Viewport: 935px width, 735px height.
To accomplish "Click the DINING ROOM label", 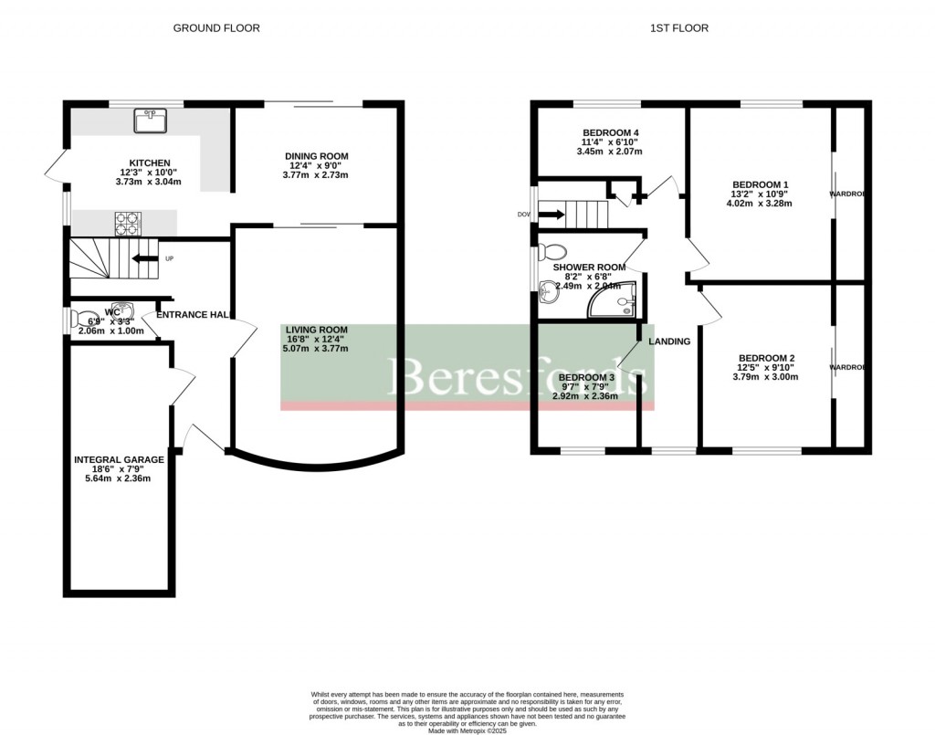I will point(317,157).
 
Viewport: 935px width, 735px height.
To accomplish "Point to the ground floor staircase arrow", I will point(142,258).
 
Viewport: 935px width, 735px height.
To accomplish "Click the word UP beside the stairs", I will point(169,258).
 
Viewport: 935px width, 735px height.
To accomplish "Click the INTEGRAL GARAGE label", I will point(120,459).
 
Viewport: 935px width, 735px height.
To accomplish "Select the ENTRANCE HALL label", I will point(193,315).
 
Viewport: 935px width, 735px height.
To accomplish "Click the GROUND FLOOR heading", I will point(216,28).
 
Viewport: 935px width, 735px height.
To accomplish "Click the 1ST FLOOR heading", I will point(678,28).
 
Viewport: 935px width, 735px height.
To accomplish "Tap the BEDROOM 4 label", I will point(611,133).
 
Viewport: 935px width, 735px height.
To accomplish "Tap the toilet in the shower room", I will point(553,252).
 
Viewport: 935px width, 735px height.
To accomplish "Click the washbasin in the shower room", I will point(550,291).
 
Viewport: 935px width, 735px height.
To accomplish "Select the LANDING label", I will point(669,341).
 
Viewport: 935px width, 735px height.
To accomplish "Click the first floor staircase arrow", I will point(552,215).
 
